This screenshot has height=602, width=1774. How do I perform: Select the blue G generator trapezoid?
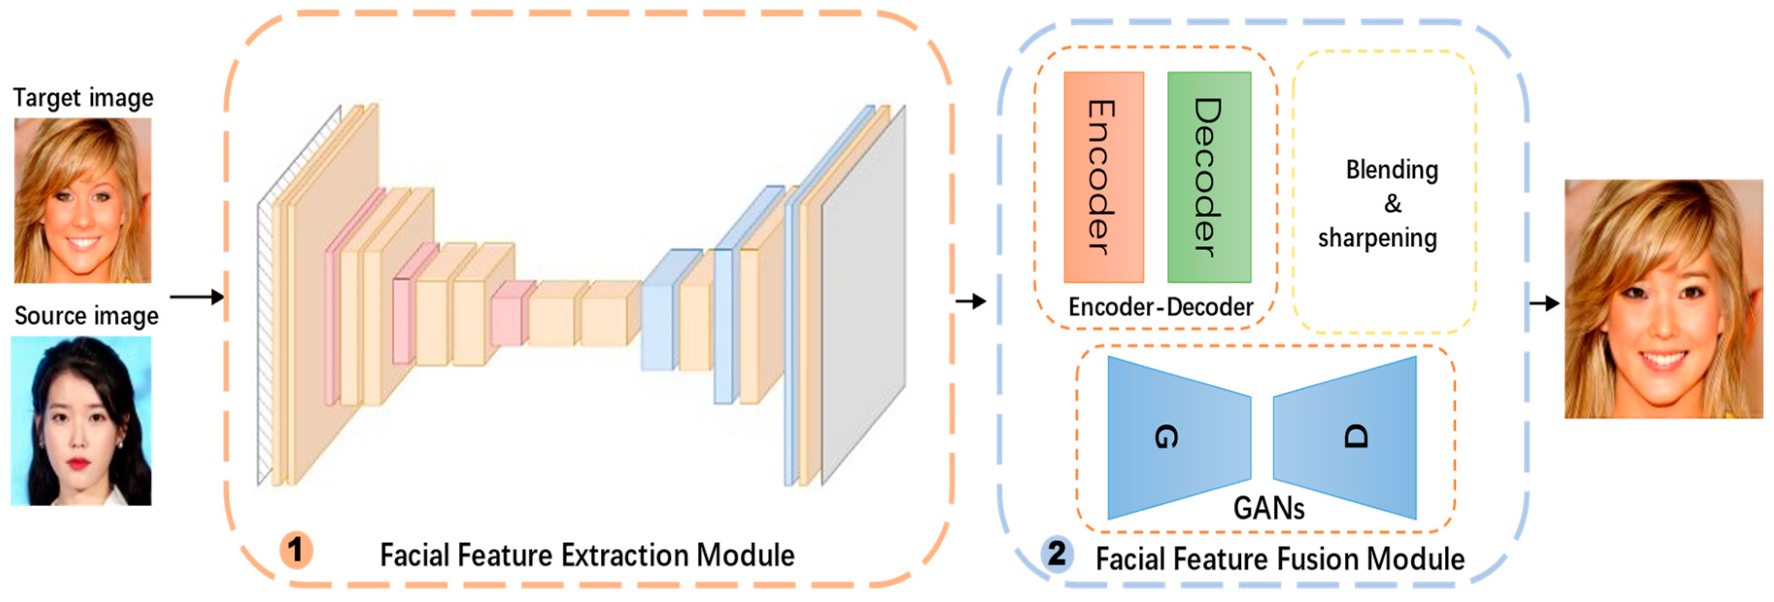pos(1178,437)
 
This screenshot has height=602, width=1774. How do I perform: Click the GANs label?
pos(1268,508)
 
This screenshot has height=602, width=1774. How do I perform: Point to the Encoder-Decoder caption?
pos(1160,307)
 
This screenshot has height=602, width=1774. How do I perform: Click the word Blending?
pos(1392,170)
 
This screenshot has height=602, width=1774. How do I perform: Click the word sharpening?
pos(1377,238)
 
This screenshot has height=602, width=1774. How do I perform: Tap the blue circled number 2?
pos(1056,552)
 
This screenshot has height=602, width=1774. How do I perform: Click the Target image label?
pos(84,98)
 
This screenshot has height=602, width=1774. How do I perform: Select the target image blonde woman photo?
pos(83,200)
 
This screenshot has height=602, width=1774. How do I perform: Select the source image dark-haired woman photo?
pos(81,420)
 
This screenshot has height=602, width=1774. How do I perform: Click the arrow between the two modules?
pos(971,301)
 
